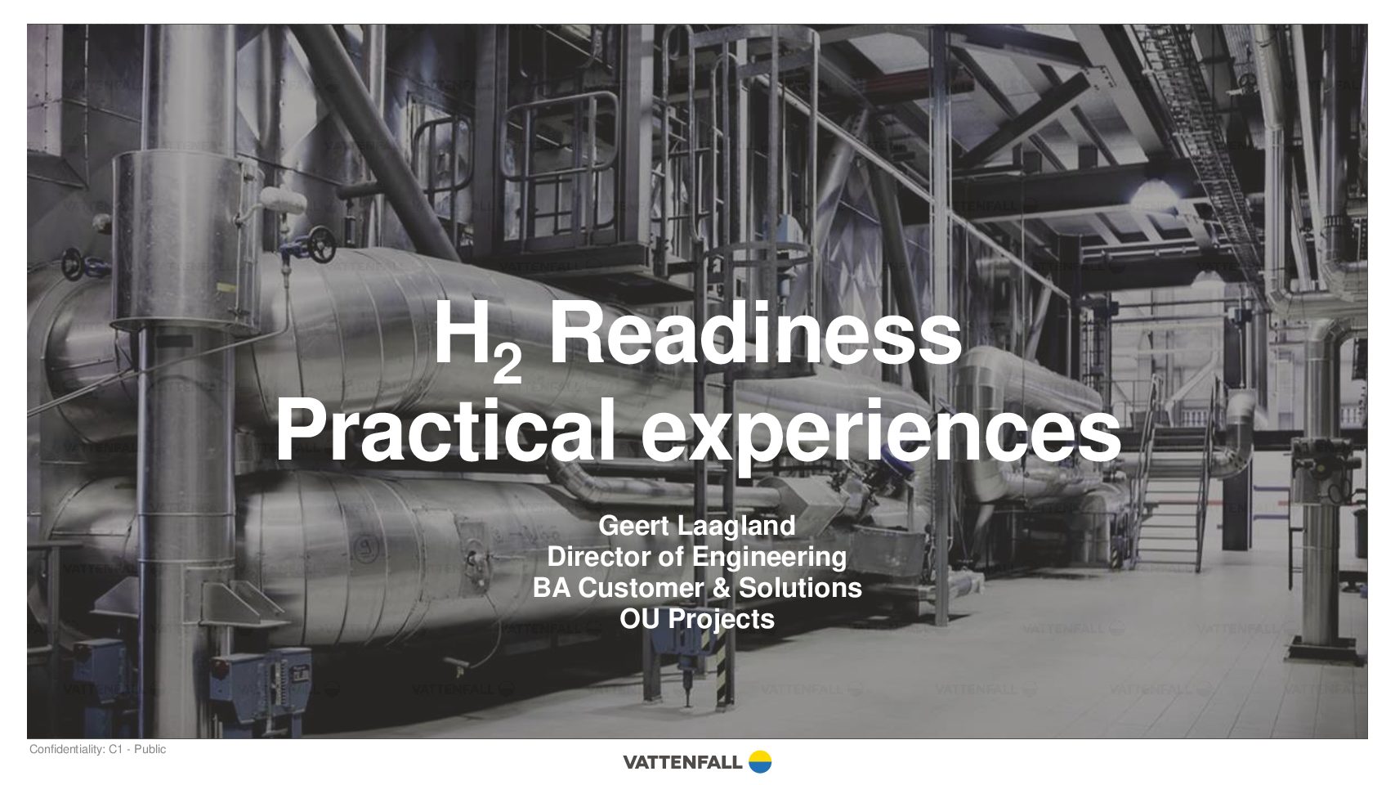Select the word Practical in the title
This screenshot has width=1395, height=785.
pyautogui.click(x=445, y=430)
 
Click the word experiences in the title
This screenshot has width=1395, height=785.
pyautogui.click(x=881, y=435)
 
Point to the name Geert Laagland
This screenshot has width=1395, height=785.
pyautogui.click(x=697, y=526)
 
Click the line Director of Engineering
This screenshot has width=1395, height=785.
pyautogui.click(x=697, y=557)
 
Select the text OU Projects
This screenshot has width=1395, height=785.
pyautogui.click(x=697, y=619)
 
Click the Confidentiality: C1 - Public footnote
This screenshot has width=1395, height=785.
pyautogui.click(x=98, y=750)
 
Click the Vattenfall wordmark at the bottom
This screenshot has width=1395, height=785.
pyautogui.click(x=682, y=762)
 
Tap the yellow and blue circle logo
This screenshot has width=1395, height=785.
pyautogui.click(x=760, y=762)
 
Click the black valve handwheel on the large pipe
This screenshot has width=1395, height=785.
pyautogui.click(x=322, y=244)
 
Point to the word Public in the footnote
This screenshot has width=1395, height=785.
pyautogui.click(x=150, y=750)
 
